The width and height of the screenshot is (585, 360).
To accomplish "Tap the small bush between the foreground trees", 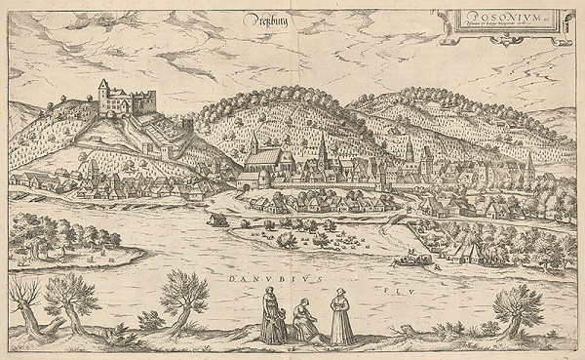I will (x=149, y=320).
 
